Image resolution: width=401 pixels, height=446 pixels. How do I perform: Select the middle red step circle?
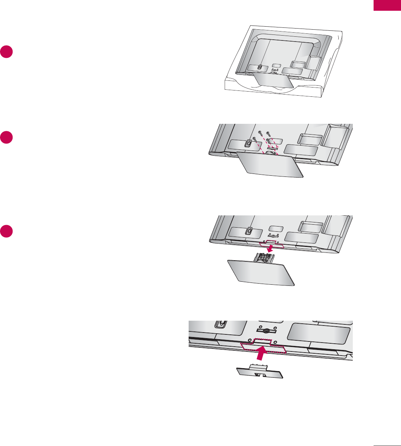6,137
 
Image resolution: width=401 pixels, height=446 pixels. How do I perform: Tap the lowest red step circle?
6,231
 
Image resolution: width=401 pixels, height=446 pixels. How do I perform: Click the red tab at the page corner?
387,6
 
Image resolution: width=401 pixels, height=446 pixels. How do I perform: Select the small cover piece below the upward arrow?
260,371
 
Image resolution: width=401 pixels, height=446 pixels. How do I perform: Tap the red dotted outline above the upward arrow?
263,346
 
